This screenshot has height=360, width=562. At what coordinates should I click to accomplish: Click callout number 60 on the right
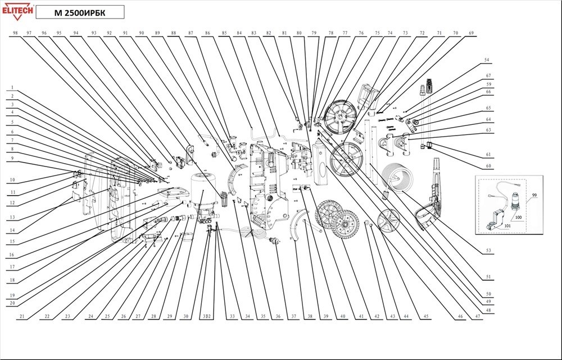pyautogui.click(x=488, y=166)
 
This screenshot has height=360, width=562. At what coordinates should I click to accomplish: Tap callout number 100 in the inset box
pyautogui.click(x=518, y=217)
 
